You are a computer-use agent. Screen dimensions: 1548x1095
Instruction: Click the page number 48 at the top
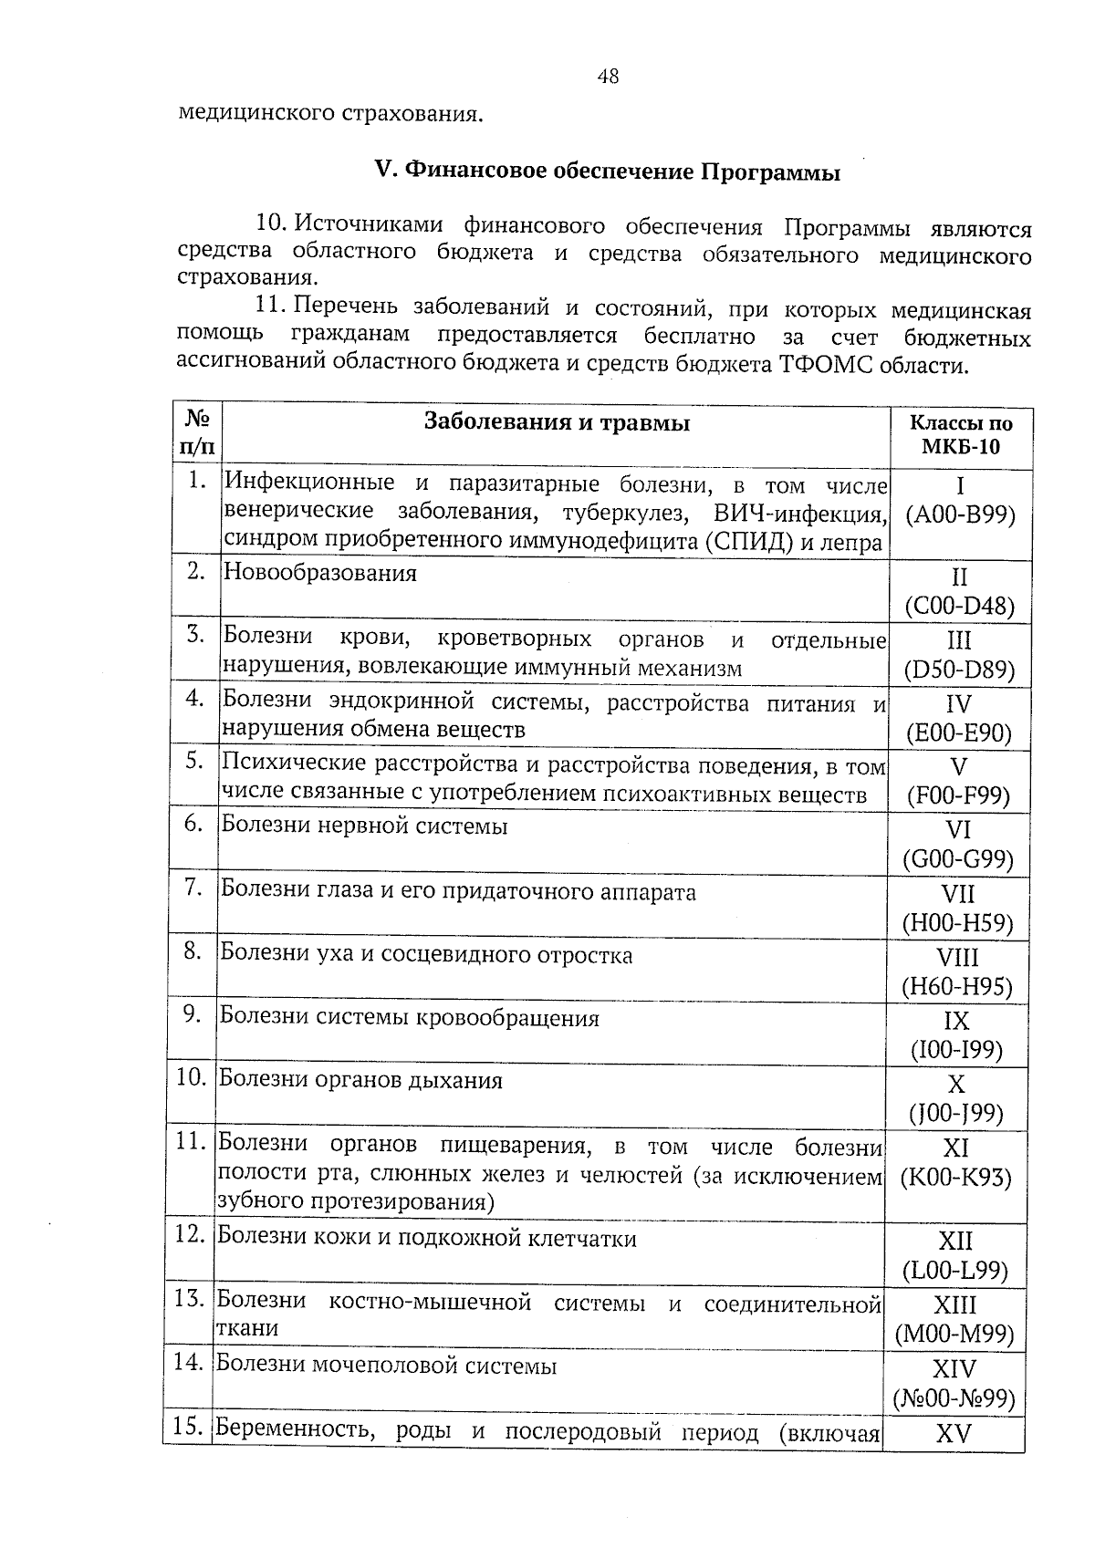(608, 78)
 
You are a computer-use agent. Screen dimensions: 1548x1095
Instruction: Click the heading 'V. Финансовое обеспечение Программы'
(608, 171)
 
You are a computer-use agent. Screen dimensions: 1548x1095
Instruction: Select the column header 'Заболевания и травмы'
(557, 423)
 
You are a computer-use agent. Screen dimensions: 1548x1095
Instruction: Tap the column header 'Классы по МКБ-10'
(961, 435)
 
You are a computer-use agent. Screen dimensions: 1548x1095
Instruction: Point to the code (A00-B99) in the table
(960, 515)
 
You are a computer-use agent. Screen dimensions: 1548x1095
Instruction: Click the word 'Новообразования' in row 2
(320, 574)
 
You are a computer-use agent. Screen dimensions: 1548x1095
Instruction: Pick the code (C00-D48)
(959, 608)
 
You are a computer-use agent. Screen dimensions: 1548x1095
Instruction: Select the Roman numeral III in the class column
(959, 640)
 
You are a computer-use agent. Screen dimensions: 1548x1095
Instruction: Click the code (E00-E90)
(958, 733)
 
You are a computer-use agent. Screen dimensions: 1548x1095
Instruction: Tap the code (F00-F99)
(958, 796)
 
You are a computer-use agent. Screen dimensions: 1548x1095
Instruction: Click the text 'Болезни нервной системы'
(365, 827)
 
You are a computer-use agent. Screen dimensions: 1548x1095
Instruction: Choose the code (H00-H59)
(957, 924)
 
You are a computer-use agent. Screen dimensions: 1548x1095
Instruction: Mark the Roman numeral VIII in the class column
(957, 958)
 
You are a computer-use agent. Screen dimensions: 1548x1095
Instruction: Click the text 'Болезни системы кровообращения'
(410, 1019)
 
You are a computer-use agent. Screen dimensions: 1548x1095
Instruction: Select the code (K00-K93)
(955, 1178)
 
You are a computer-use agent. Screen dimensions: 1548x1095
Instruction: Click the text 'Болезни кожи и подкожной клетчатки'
(427, 1239)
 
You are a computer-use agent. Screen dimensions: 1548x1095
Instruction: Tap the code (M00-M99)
(954, 1335)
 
